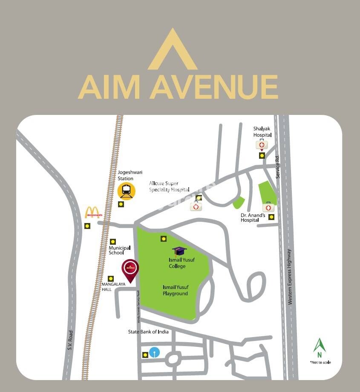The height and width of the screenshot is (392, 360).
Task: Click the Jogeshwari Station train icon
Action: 126,190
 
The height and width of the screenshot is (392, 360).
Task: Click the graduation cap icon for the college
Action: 179,252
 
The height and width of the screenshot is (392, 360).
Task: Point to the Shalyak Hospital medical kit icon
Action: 262,145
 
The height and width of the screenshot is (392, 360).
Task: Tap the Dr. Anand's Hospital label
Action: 253,217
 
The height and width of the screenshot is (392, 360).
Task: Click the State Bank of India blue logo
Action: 154,352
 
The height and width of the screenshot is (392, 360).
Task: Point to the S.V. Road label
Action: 70,340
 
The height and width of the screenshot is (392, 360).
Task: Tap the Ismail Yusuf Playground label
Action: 175,290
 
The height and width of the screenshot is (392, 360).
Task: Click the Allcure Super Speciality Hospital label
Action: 169,186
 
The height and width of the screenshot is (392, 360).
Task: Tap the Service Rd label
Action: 277,167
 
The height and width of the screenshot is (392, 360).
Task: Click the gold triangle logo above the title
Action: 173,50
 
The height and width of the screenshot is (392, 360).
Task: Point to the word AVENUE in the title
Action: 213,87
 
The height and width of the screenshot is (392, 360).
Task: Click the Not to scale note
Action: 320,363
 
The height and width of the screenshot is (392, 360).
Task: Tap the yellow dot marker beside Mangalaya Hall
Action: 111,278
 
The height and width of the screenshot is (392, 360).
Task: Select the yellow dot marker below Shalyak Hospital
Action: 262,156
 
